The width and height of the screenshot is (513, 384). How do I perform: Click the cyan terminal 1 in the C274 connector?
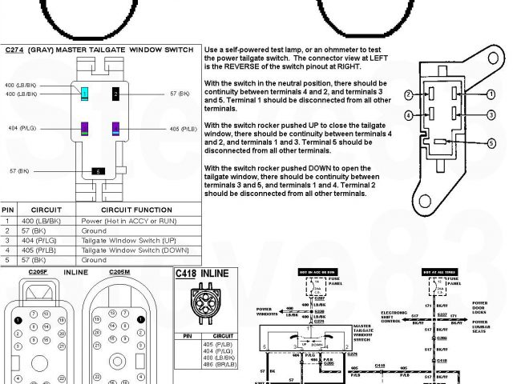click(84, 94)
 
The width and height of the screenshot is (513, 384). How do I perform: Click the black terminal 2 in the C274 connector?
click(115, 94)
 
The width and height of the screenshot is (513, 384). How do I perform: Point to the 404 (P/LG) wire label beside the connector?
click(22, 129)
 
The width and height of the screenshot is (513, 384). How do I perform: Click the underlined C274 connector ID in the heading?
click(14, 50)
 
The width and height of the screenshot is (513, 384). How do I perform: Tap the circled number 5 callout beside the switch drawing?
click(490, 143)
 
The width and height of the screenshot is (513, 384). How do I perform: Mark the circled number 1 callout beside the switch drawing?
click(491, 94)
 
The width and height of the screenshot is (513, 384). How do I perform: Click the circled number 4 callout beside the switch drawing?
click(409, 115)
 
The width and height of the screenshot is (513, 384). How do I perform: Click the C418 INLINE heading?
click(202, 274)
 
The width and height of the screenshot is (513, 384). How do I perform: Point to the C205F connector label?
click(38, 272)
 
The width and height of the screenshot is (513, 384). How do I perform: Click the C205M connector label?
click(120, 272)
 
